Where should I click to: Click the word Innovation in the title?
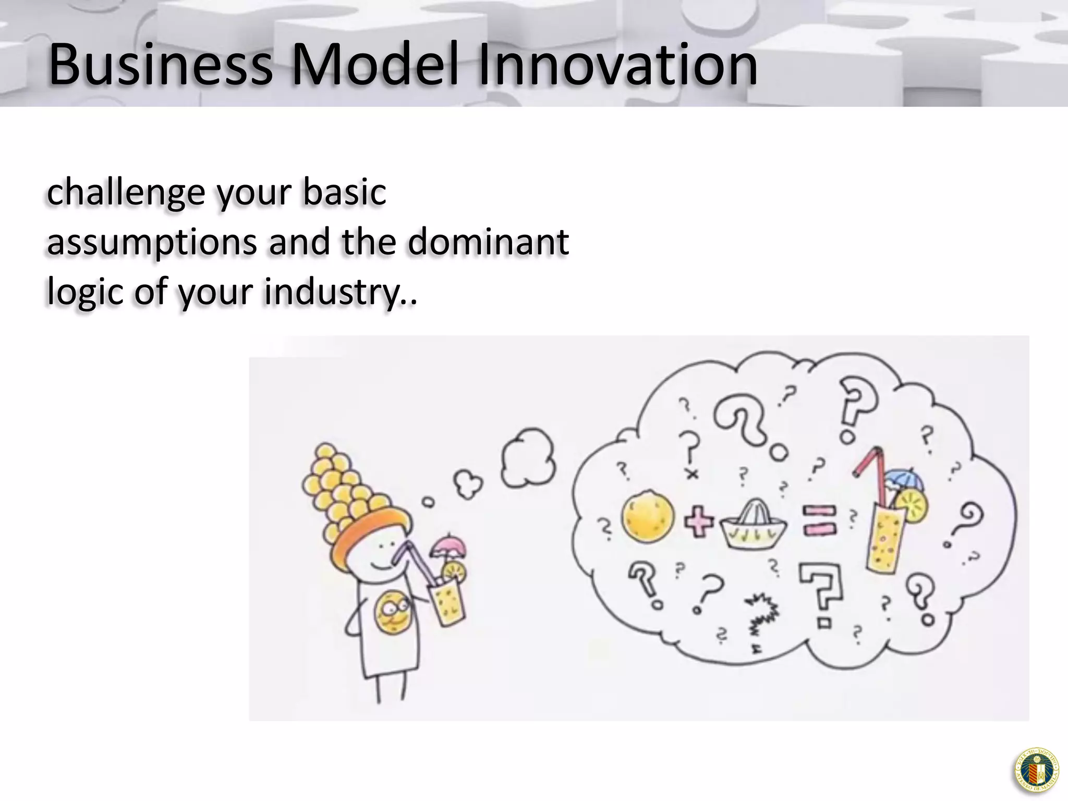point(617,66)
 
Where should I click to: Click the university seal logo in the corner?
point(1037,770)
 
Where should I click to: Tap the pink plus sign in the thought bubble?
point(699,523)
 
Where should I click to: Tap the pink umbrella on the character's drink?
point(448,545)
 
